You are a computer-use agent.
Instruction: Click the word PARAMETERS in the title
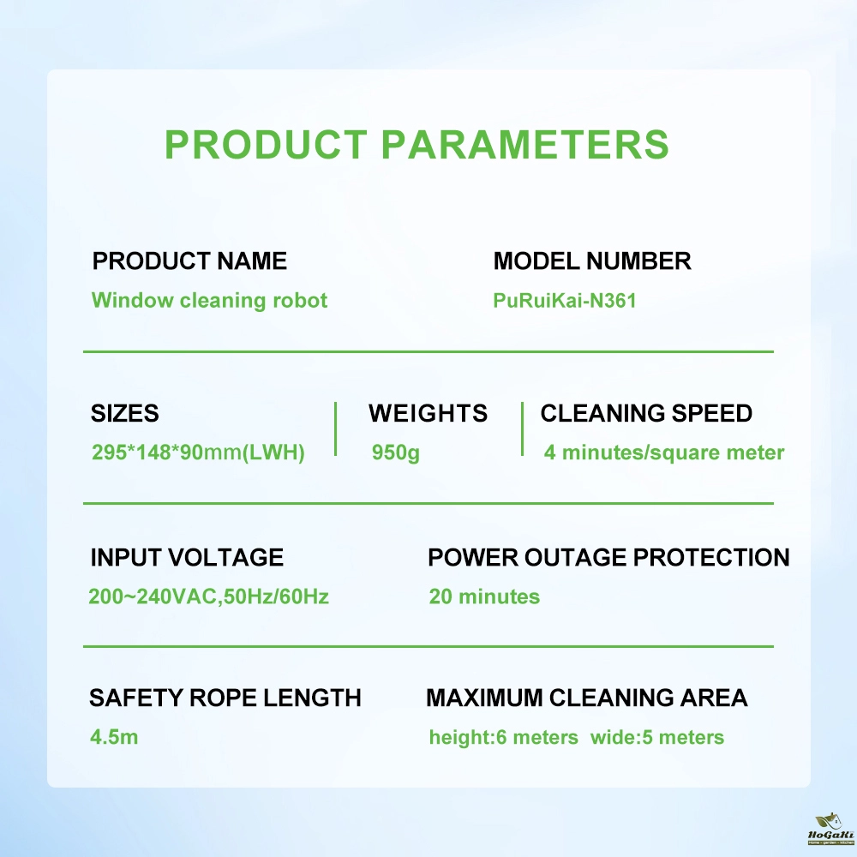point(524,145)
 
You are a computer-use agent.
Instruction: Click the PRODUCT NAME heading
point(189,261)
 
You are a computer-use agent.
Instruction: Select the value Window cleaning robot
point(209,300)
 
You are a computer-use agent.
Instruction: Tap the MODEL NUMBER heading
point(592,261)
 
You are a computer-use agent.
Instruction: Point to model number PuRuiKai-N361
point(565,301)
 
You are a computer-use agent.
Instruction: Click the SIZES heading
point(124,413)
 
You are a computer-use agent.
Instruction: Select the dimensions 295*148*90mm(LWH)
point(198,452)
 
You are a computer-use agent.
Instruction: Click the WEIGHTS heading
point(428,413)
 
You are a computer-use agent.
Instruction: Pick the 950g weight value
point(396,452)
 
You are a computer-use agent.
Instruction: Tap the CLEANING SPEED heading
point(646,413)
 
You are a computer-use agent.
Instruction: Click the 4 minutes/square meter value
point(664,452)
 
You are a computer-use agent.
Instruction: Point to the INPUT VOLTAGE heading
point(187,558)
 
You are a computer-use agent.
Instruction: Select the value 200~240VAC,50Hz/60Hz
point(209,596)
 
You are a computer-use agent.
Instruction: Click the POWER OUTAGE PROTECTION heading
point(608,558)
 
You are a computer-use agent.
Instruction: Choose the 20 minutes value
point(484,596)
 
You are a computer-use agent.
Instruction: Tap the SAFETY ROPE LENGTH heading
point(225,698)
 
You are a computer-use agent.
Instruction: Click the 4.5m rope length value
point(114,737)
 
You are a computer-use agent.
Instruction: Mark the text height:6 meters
point(503,737)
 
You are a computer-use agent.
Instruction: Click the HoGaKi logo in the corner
point(830,829)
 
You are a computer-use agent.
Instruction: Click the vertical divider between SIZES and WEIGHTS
point(336,429)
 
